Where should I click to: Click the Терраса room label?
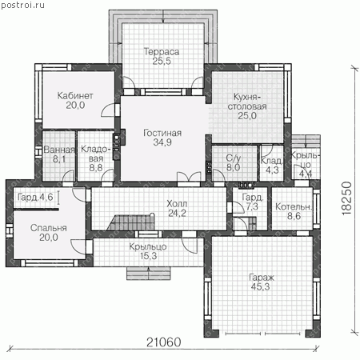162,56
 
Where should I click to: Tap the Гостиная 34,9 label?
162,138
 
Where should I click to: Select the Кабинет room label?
75,100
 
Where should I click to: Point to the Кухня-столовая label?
247,106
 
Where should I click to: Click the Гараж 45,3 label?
261,282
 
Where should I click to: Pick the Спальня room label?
49,233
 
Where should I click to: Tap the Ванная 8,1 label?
59,154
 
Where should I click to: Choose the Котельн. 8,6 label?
294,211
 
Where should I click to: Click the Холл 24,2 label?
177,208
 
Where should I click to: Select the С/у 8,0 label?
234,162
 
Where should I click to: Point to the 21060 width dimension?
164,342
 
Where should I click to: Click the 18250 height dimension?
346,198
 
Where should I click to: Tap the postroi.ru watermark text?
22,5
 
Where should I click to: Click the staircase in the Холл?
131,222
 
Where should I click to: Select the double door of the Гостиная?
189,177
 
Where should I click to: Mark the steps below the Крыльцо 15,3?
148,273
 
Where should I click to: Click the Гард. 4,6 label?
35,197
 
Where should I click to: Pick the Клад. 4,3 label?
272,166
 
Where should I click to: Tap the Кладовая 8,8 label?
96,158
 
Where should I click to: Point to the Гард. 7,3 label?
252,202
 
